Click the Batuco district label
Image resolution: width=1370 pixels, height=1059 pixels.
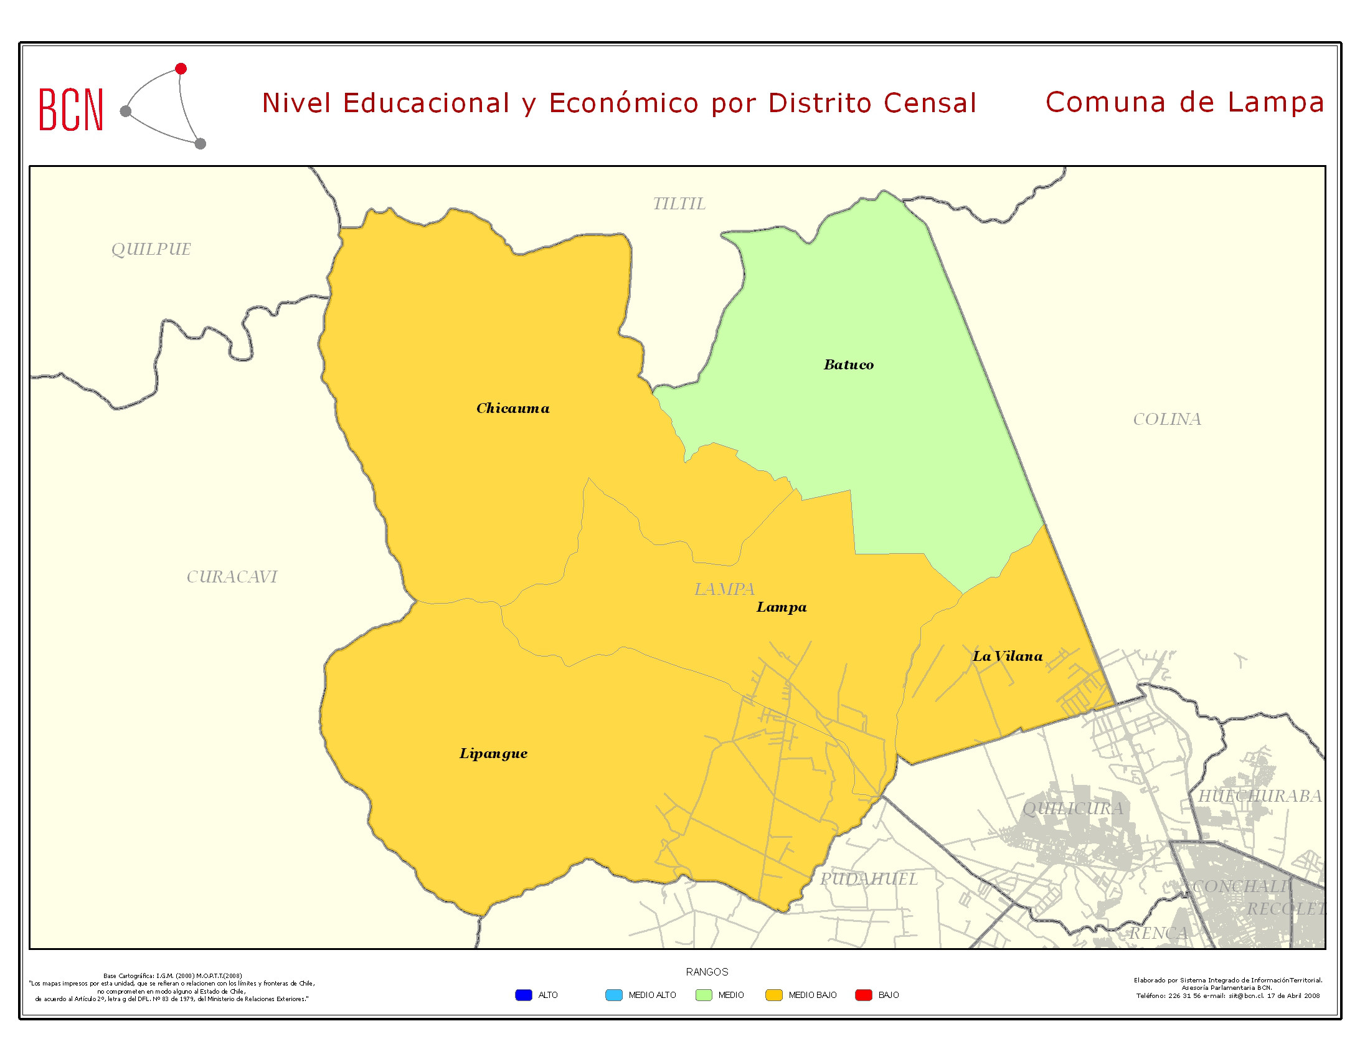coord(848,364)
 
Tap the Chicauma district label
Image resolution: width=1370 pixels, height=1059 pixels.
coord(513,409)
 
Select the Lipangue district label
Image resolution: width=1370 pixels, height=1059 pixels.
coord(493,754)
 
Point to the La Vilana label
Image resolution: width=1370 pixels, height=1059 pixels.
coord(1008,656)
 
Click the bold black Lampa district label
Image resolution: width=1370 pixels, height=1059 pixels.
coord(781,607)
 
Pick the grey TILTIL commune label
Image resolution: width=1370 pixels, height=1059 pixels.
coord(679,204)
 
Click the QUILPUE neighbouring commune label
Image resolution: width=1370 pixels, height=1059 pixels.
coord(151,249)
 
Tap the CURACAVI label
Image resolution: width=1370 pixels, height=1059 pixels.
coord(232,577)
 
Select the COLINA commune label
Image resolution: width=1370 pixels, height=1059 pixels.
coord(1167,419)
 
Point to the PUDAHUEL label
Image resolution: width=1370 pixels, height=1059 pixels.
coord(869,879)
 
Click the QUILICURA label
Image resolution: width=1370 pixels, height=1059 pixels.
coord(1073,809)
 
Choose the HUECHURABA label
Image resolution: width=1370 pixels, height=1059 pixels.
coord(1260,796)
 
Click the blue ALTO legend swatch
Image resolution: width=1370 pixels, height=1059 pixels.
coord(523,995)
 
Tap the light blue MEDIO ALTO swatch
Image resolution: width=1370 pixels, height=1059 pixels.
coord(613,995)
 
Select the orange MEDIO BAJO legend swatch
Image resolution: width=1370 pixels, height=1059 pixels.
coord(773,995)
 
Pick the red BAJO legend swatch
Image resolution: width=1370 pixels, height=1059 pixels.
coord(863,995)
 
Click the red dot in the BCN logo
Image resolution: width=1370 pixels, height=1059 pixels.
coord(181,69)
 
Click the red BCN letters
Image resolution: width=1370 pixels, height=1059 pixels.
coord(71,110)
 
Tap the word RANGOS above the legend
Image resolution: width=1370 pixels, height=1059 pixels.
coord(707,972)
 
